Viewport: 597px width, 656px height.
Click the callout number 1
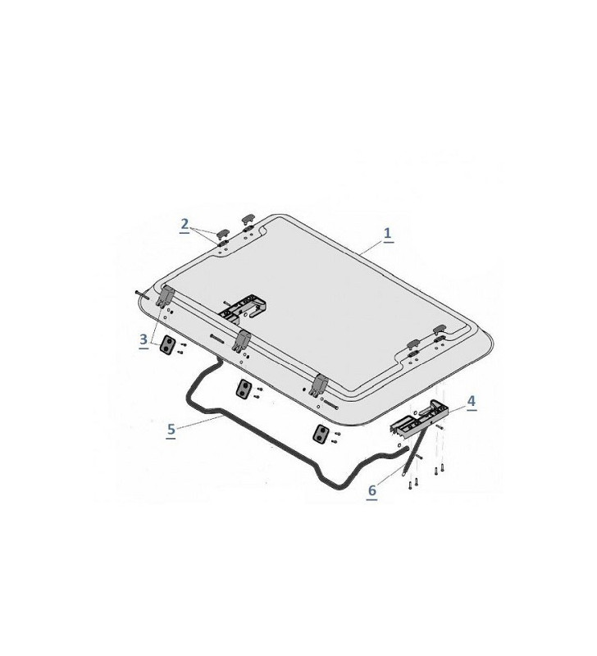pyautogui.click(x=387, y=233)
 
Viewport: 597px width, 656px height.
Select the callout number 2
pyautogui.click(x=185, y=223)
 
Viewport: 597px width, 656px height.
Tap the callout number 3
pyautogui.click(x=143, y=338)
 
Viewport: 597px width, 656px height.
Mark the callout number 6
pyautogui.click(x=371, y=490)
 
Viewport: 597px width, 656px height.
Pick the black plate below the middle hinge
pyautogui.click(x=244, y=389)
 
